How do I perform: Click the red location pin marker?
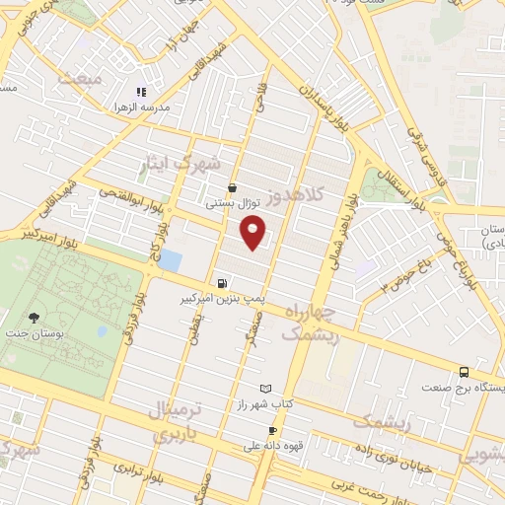point(253,233)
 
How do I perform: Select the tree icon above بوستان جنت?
point(35,318)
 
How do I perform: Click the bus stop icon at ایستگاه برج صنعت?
point(464,372)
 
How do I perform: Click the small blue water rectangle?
point(170,260)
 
